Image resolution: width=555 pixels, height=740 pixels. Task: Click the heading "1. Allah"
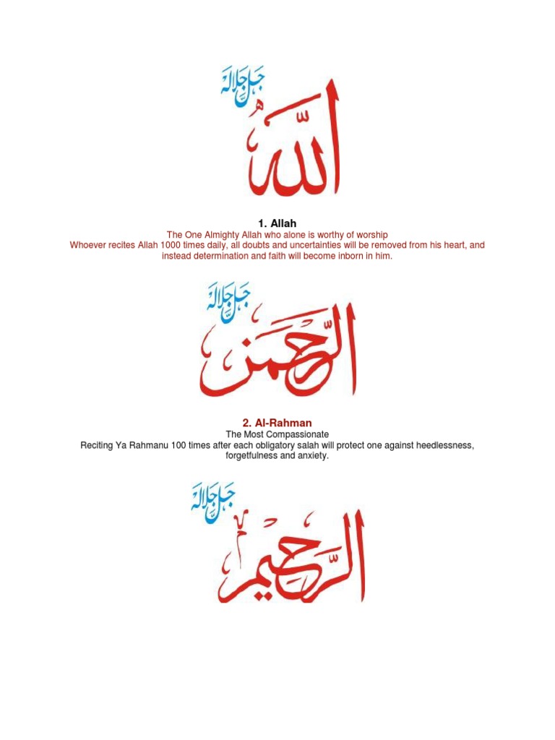point(277,223)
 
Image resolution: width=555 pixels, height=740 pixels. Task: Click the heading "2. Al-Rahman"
point(277,422)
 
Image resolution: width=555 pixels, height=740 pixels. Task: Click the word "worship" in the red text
point(371,235)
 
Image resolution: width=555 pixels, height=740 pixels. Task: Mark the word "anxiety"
point(312,456)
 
